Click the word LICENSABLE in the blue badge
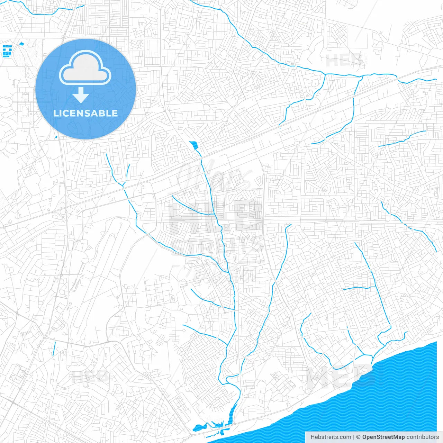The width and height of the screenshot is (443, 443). [85, 113]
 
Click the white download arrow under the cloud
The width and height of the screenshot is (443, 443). [81, 95]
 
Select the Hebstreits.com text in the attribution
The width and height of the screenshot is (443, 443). [331, 437]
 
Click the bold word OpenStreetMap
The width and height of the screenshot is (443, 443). [383, 437]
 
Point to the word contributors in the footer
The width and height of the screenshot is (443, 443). [423, 437]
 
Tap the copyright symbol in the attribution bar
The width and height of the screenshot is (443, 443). [359, 437]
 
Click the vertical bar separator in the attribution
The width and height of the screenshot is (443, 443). [354, 437]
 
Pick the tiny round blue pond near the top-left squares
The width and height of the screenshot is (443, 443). [21, 44]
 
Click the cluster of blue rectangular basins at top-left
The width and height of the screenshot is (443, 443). [7, 51]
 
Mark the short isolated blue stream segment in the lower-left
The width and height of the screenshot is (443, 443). [54, 349]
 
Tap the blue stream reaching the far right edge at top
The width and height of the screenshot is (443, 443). [419, 80]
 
